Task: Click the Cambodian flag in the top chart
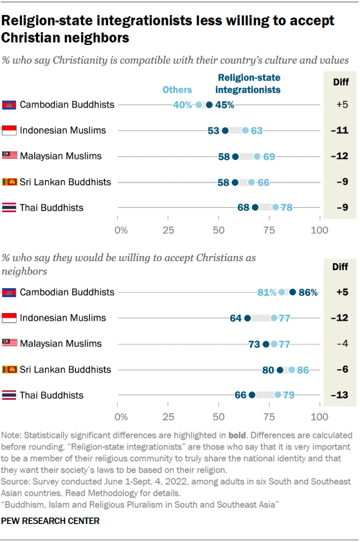9,105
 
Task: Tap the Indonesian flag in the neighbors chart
9,318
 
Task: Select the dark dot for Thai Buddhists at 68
255,208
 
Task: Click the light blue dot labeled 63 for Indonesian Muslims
245,131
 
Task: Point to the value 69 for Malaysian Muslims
269,156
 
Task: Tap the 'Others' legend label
177,89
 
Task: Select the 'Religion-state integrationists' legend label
249,83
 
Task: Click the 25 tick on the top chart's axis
168,230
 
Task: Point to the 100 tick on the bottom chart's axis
319,417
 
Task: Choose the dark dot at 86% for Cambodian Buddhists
292,292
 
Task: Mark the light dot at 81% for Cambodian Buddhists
282,292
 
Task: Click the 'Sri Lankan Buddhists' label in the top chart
65,182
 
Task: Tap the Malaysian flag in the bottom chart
9,343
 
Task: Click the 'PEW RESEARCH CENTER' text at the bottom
51,521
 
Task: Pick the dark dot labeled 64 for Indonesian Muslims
247,318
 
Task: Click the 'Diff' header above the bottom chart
340,266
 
